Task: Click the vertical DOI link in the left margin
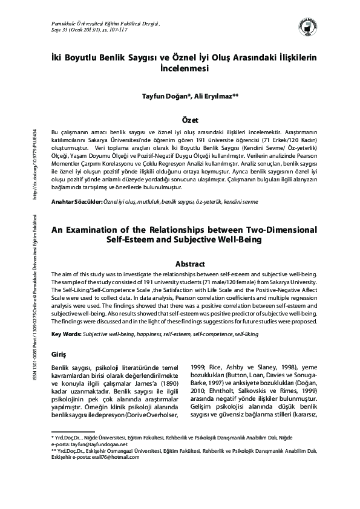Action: point(34,163)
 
